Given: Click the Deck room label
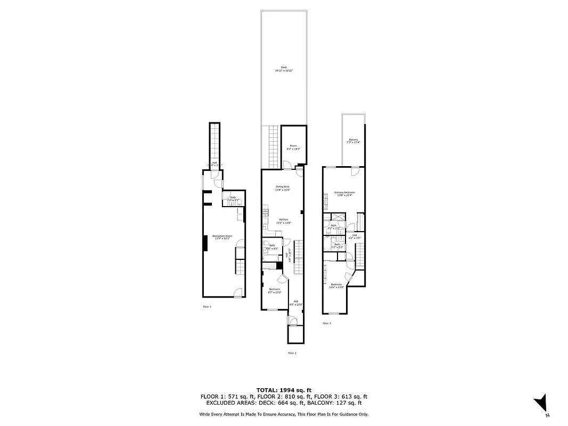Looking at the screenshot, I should (284, 69).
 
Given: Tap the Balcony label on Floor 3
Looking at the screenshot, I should (353, 141).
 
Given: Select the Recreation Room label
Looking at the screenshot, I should (223, 237).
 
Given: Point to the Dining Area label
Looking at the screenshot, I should (282, 188).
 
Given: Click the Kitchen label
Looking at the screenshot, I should (284, 221).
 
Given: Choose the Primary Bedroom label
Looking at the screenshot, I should (344, 193).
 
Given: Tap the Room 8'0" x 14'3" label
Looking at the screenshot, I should (293, 147).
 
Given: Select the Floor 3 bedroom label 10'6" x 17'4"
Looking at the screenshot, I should (336, 286).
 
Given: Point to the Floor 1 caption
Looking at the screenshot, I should (207, 307).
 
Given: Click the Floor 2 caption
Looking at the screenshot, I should (292, 353).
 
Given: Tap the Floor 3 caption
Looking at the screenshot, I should (326, 323).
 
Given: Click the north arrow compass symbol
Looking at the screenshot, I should (541, 403).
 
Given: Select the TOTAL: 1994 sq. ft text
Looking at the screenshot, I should (284, 390).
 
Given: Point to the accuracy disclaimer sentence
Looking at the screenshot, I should (284, 414).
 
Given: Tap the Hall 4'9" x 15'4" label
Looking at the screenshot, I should (297, 303).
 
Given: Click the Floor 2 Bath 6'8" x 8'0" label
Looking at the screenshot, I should (272, 247).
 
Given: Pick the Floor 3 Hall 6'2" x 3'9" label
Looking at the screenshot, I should (355, 236).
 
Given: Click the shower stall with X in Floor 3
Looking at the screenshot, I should (337, 217).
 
